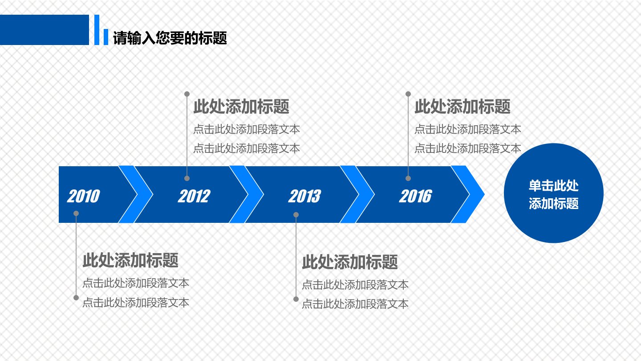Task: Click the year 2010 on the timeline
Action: pos(84,196)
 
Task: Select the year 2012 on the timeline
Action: pos(194,196)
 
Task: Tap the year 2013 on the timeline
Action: pos(305,196)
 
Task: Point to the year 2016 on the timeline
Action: pos(415,196)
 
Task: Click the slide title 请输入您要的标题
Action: pos(170,38)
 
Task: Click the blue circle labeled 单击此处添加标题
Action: pos(554,193)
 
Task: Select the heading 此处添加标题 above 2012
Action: pos(241,107)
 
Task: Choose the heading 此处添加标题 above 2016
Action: pos(462,107)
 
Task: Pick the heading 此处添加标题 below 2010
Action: pos(130,260)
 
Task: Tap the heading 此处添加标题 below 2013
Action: pos(350,262)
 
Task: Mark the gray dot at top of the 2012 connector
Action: pos(187,94)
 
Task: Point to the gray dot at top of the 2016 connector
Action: pos(408,94)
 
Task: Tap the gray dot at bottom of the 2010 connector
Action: pos(76,298)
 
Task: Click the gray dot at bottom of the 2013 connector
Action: pos(296,299)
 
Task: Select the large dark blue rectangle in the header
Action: pos(45,30)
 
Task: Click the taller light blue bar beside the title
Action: pos(97,30)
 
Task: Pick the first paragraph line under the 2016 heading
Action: pos(468,130)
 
